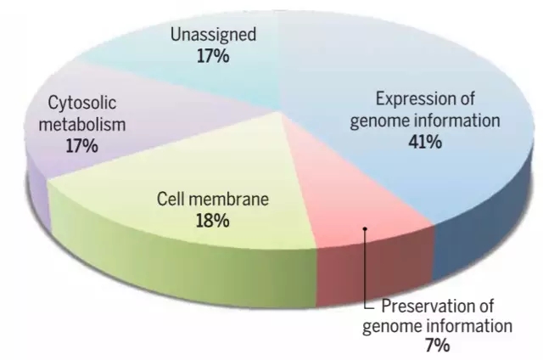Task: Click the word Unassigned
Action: point(213,35)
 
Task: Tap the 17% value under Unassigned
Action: point(213,56)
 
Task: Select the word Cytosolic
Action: point(82,104)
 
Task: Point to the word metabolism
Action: point(82,125)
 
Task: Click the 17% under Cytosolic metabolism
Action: point(82,145)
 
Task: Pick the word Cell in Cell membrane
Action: point(169,200)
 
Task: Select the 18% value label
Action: point(213,221)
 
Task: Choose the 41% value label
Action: point(425,142)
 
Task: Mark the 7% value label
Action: point(438,346)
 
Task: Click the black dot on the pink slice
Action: point(365,228)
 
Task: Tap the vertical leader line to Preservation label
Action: point(365,268)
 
